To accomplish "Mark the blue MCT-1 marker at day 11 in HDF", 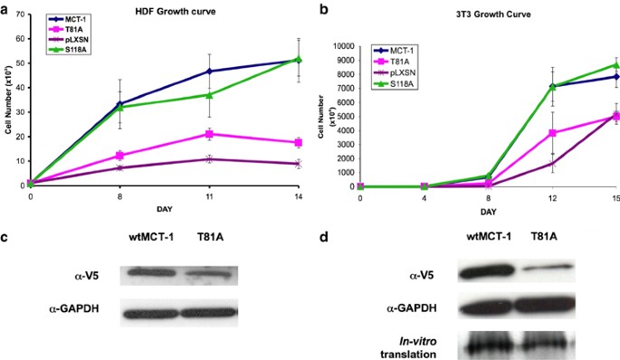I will click(x=209, y=71).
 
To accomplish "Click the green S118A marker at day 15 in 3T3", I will click(x=615, y=65).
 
